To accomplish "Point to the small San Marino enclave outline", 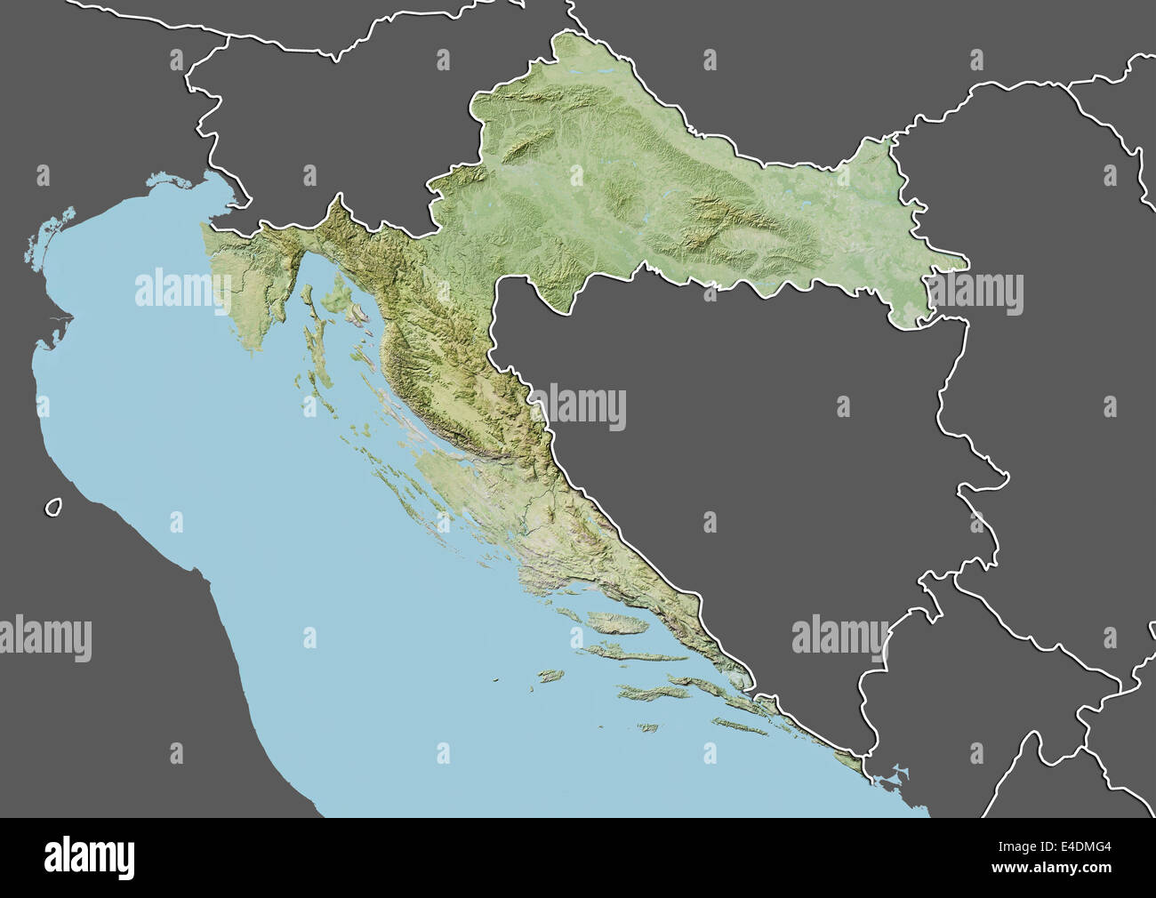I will [53, 507].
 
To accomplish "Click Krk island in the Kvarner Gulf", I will [341, 291].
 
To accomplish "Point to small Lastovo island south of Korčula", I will [647, 728].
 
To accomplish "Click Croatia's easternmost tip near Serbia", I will [966, 261].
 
